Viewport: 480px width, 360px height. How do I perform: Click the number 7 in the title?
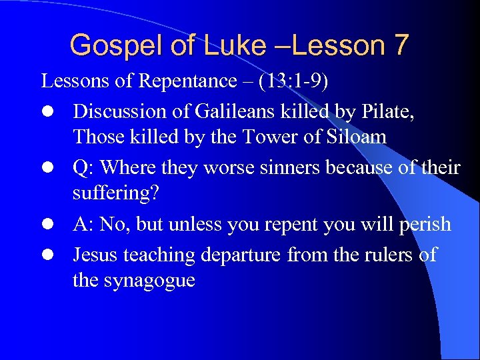click(x=400, y=45)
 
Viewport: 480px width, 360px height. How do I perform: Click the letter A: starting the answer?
click(x=83, y=225)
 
